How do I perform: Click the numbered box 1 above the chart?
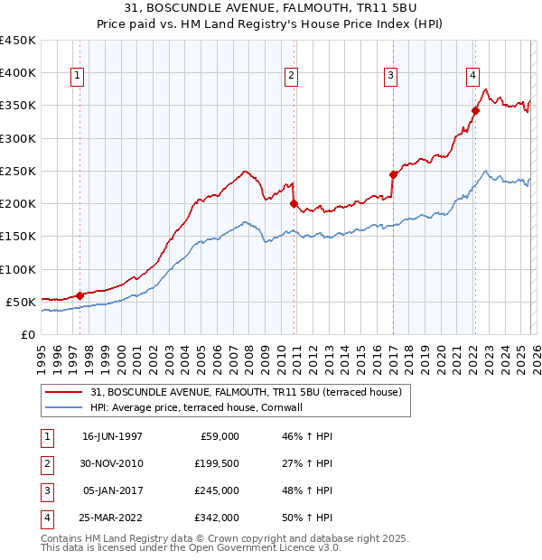[78, 77]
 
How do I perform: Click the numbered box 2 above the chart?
[292, 77]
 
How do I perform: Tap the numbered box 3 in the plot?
[390, 77]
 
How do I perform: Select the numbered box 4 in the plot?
[472, 77]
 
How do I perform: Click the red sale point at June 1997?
[79, 295]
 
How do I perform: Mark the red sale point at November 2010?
[294, 204]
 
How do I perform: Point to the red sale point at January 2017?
[393, 174]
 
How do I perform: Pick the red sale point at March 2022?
[475, 111]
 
